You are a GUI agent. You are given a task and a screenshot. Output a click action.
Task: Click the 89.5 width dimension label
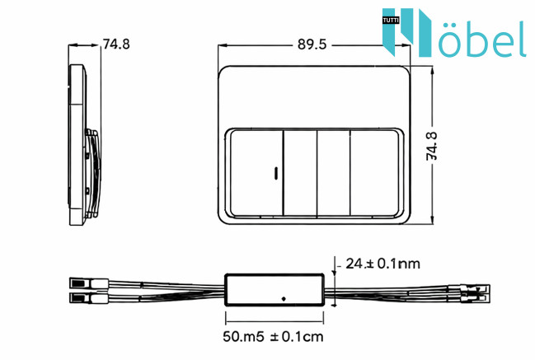(x=312, y=44)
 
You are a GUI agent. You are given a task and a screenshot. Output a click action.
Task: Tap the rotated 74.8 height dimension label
(x=432, y=146)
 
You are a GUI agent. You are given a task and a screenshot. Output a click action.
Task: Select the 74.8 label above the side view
(x=116, y=44)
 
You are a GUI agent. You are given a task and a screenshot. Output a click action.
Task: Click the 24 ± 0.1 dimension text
(x=382, y=264)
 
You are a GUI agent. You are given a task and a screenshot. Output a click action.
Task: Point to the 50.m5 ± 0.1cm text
(x=273, y=336)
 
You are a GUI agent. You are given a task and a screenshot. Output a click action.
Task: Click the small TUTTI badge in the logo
(x=391, y=21)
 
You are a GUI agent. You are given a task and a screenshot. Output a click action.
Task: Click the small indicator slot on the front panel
(x=276, y=172)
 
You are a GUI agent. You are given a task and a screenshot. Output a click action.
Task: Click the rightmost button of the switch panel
(x=374, y=173)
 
